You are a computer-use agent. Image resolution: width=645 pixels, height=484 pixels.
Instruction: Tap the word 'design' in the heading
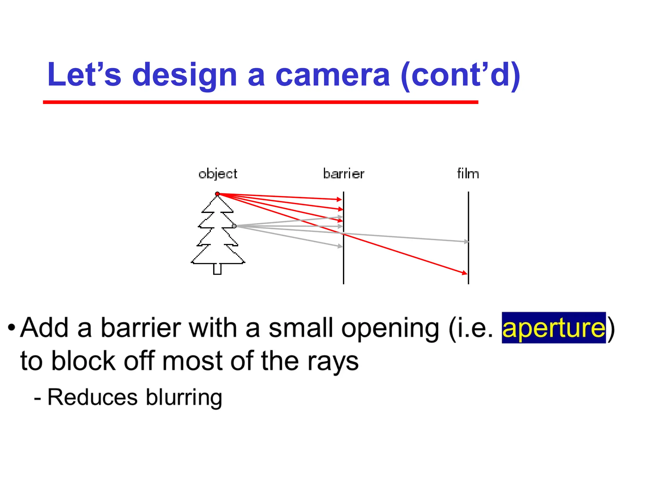(x=184, y=76)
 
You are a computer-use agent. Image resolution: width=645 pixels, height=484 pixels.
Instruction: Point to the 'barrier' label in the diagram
(x=344, y=174)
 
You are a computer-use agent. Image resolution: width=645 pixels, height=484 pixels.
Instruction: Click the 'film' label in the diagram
(x=468, y=174)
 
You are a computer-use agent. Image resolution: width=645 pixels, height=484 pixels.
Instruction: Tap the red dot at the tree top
(x=217, y=194)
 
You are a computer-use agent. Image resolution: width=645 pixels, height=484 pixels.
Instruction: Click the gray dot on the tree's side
(x=234, y=226)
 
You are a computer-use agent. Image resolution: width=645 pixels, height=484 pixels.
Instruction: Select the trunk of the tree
(x=217, y=269)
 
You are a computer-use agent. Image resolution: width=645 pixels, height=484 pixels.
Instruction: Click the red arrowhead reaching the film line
(x=465, y=273)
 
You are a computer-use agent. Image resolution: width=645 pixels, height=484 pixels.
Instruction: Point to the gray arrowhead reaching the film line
(x=466, y=242)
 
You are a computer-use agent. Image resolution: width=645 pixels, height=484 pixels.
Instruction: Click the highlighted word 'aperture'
(x=554, y=328)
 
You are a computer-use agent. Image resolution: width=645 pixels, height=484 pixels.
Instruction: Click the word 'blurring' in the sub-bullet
(x=184, y=398)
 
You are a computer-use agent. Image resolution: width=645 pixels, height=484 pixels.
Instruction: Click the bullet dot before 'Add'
(x=12, y=328)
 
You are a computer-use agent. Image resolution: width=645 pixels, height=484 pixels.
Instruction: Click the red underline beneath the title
(x=260, y=102)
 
